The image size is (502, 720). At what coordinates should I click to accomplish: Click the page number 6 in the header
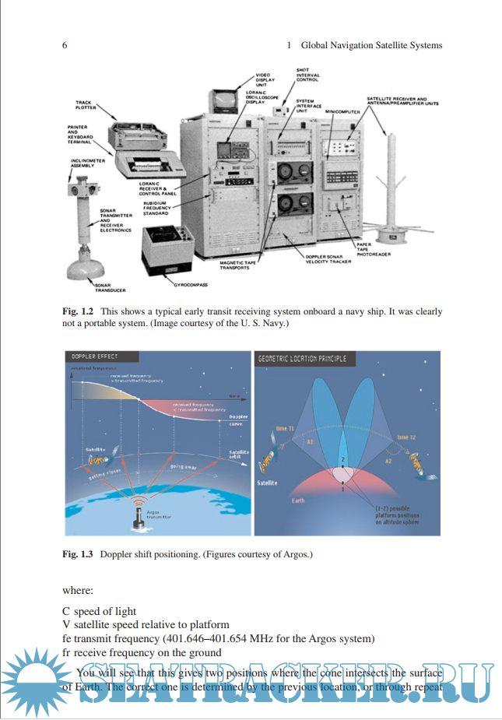[65, 45]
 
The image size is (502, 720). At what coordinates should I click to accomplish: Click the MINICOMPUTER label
[342, 112]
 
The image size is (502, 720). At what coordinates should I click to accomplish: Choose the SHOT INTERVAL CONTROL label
[307, 75]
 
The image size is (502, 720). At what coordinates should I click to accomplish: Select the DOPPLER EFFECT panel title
[95, 357]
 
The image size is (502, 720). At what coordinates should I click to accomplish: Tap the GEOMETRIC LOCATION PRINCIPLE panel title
[302, 359]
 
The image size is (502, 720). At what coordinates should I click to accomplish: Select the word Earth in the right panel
[298, 500]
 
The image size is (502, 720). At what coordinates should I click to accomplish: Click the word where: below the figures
[78, 590]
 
